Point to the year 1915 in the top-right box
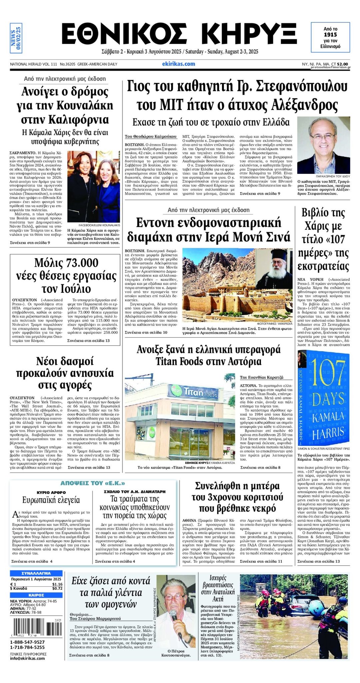pyautogui.click(x=330, y=35)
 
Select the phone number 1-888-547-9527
pyautogui.click(x=27, y=642)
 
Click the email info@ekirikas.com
pyautogui.click(x=27, y=658)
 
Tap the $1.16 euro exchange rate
pyautogui.click(x=57, y=584)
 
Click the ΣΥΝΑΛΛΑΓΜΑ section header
pyautogui.click(x=36, y=573)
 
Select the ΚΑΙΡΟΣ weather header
pyautogui.click(x=36, y=595)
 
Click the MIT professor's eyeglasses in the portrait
pyautogui.click(x=322, y=136)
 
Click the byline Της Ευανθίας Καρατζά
pyautogui.click(x=262, y=377)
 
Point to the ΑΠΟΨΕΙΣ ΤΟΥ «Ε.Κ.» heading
pyautogui.click(x=93, y=483)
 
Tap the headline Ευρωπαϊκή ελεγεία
pyautogui.click(x=51, y=500)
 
